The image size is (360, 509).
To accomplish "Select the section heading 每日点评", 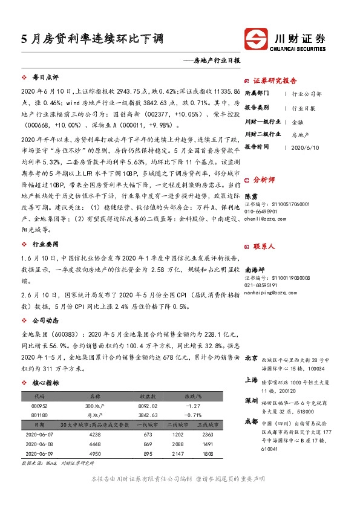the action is (x=45, y=77).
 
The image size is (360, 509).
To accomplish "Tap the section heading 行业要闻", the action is (x=45, y=243).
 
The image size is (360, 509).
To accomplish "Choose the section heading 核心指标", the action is (x=45, y=383).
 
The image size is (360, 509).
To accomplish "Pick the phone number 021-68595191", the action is (x=261, y=268).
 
